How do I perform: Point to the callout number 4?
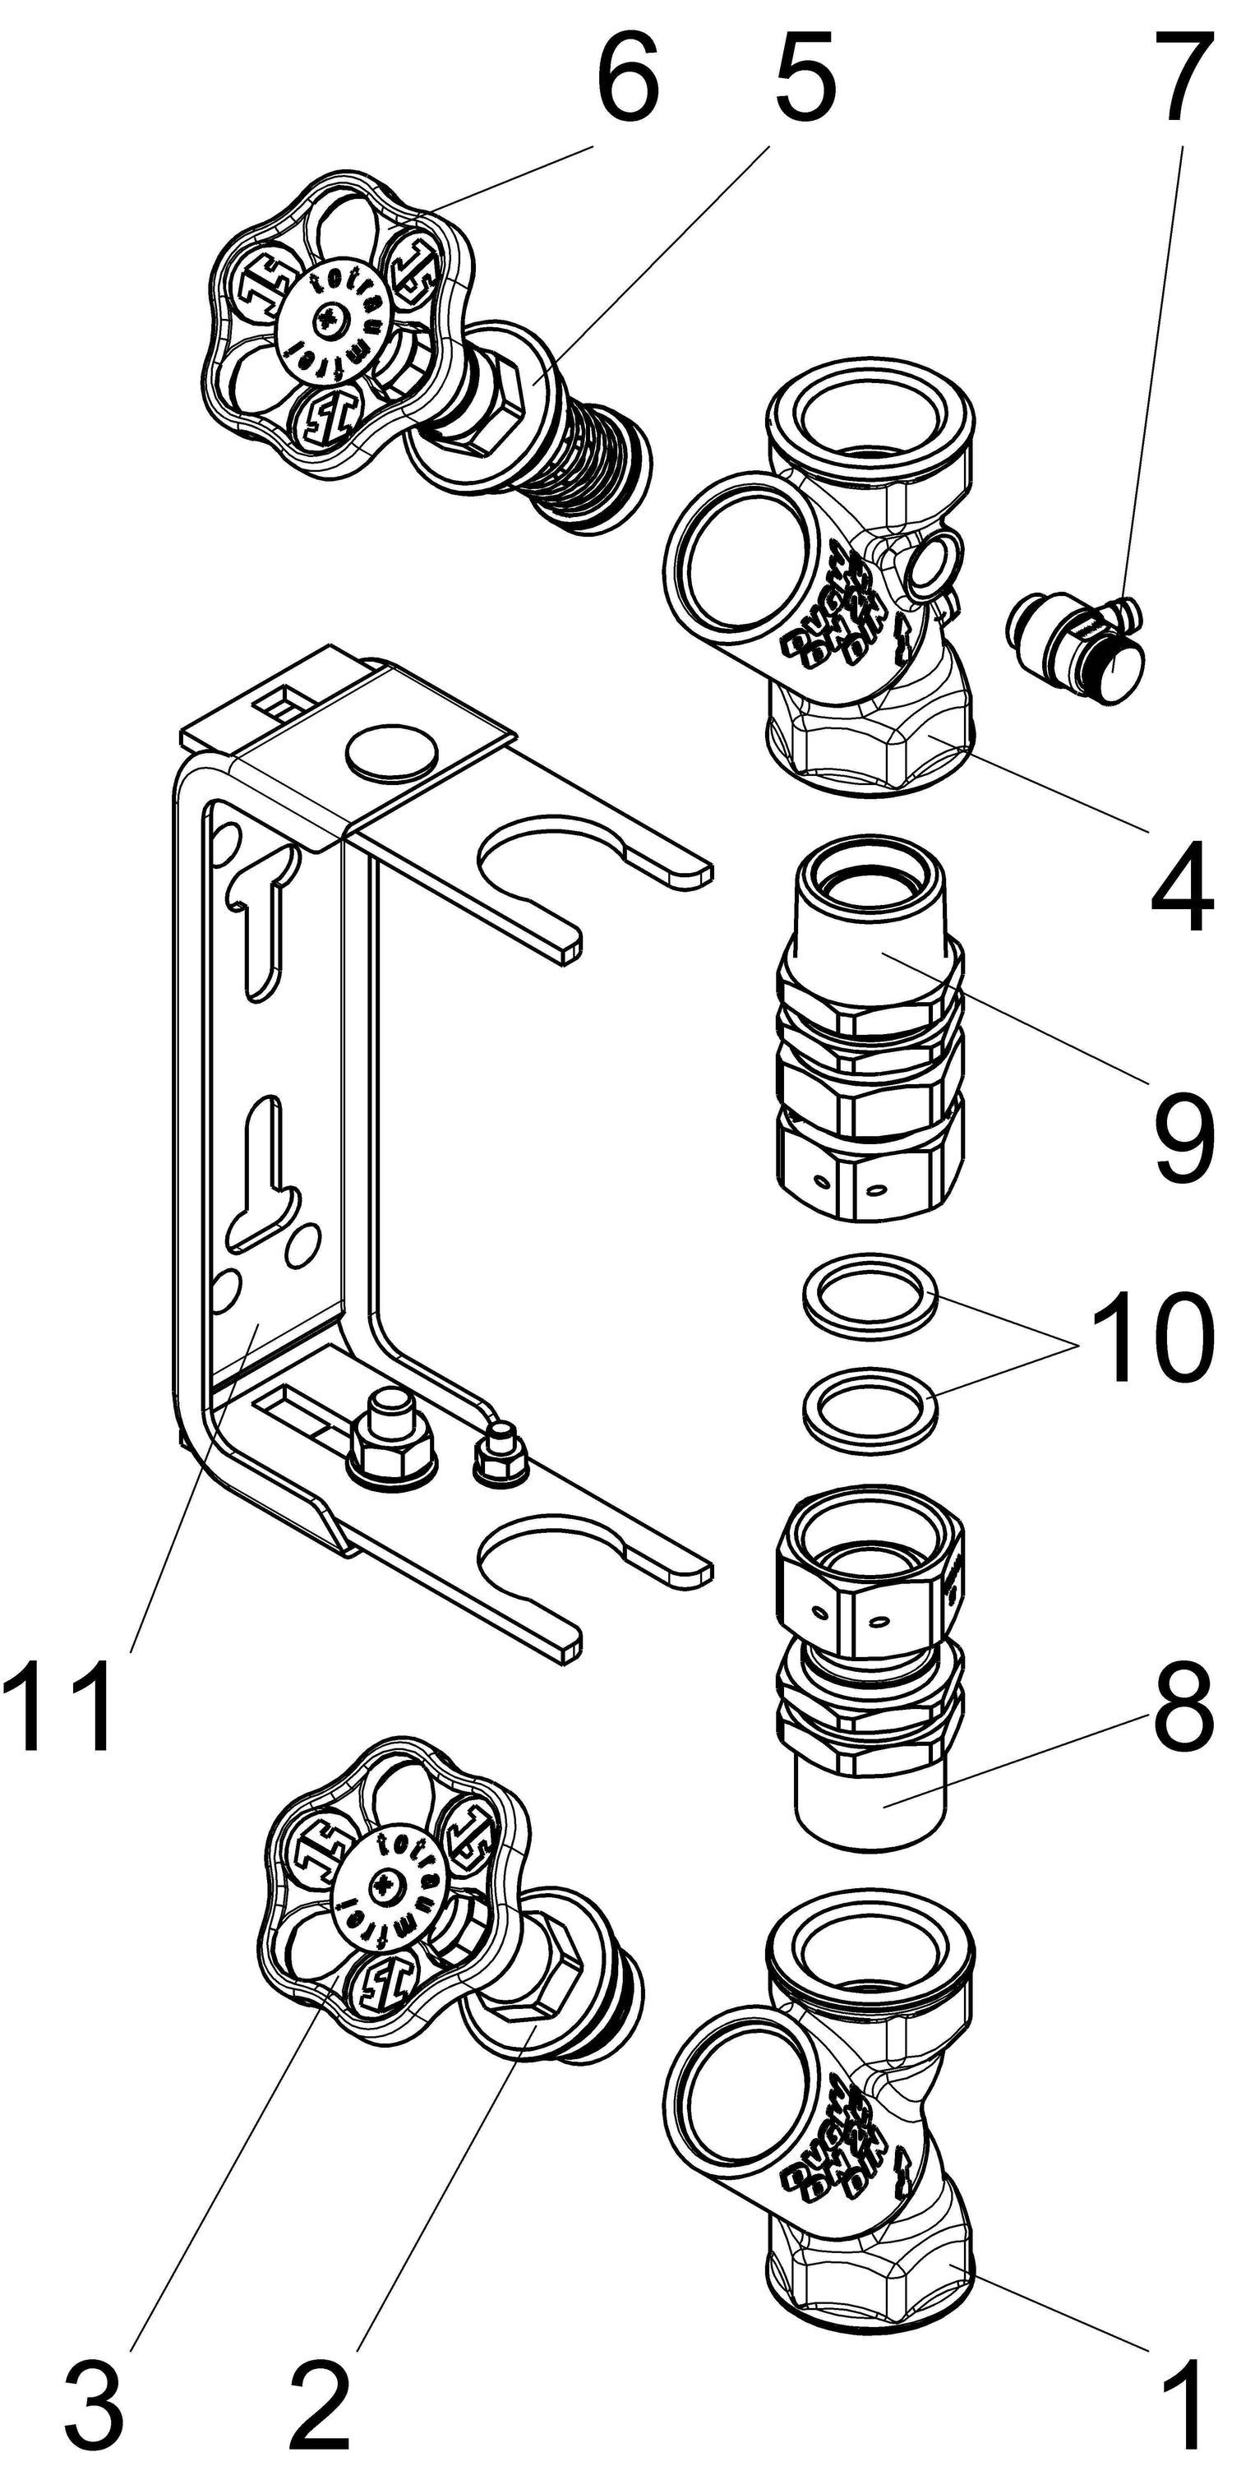(1182, 885)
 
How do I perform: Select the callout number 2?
(321, 2412)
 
